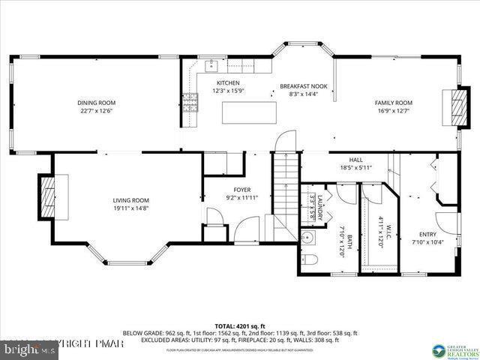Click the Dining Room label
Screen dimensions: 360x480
pos(97,103)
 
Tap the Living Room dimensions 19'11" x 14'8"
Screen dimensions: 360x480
pos(130,208)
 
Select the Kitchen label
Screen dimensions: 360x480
pos(228,82)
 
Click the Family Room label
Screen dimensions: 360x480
pos(394,103)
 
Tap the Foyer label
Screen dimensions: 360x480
pos(241,190)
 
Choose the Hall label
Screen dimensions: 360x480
pos(355,160)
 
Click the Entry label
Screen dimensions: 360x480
pos(427,234)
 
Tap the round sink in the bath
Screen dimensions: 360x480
pos(307,238)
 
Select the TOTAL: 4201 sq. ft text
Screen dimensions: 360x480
pos(240,325)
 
